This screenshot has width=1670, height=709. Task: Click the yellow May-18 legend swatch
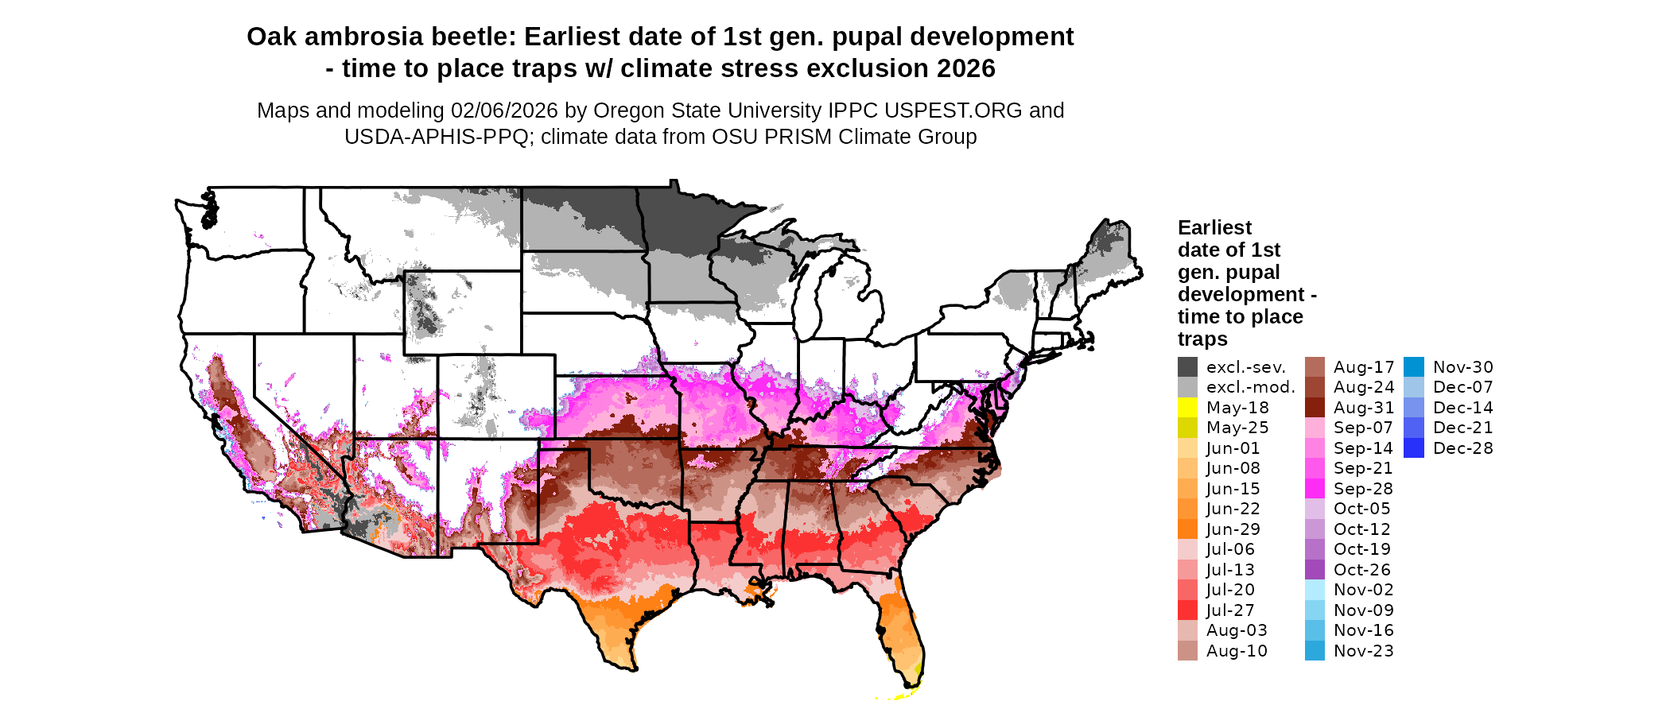point(1187,407)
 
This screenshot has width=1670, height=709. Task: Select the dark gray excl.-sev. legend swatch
point(1187,366)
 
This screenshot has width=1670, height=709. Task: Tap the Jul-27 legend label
point(1230,610)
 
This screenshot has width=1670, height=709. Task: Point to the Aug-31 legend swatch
point(1315,407)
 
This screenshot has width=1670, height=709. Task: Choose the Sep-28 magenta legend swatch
point(1315,488)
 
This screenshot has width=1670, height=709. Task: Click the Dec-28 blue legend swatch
point(1414,447)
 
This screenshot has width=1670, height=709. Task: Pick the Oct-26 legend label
point(1362,570)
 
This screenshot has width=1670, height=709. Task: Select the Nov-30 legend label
point(1463,367)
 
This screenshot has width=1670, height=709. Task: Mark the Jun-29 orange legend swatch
point(1187,529)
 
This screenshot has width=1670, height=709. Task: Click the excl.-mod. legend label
point(1250,387)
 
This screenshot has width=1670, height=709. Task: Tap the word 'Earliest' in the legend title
point(1214,227)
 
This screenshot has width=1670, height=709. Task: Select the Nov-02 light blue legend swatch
point(1315,590)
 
